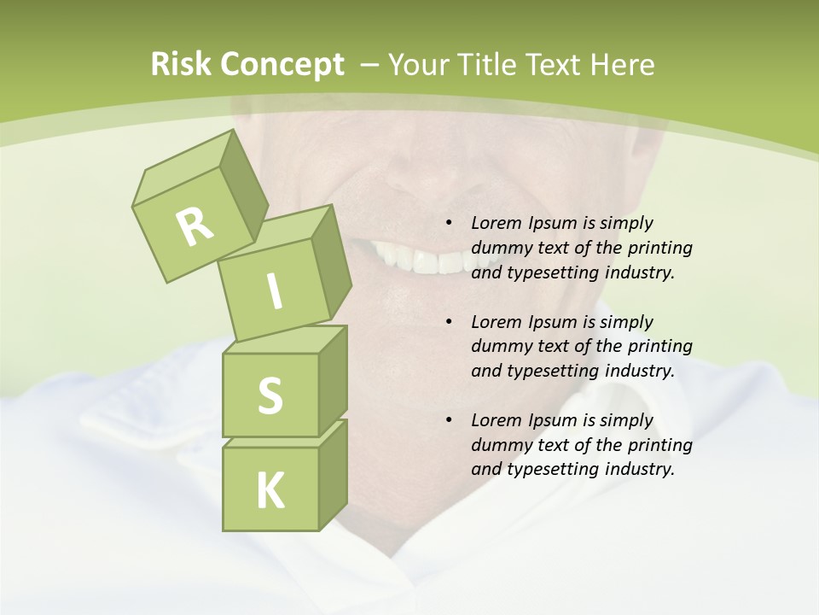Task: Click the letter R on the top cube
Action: (x=195, y=225)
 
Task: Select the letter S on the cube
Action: (x=270, y=396)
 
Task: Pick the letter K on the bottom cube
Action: (x=270, y=491)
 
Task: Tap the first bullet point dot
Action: (x=449, y=224)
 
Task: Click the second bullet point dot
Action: (x=449, y=322)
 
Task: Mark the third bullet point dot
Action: (x=449, y=420)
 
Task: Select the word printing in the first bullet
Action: (x=659, y=248)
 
